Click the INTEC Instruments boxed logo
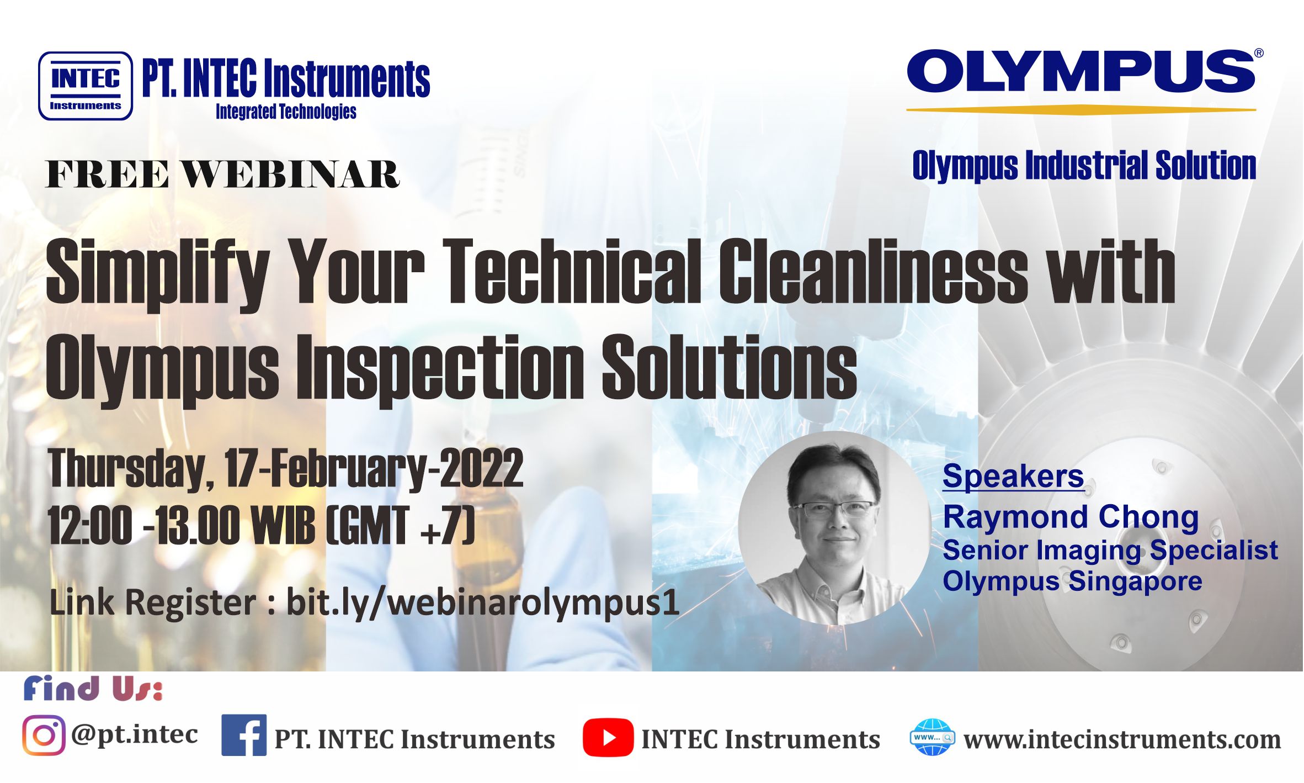click(86, 86)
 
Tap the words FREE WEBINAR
click(222, 174)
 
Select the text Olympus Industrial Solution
click(1084, 165)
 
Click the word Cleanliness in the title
click(873, 272)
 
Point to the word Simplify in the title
click(158, 274)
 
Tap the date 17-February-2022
click(374, 469)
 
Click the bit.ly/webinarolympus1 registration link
click(483, 602)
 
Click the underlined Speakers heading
click(1013, 476)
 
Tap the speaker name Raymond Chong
click(1071, 518)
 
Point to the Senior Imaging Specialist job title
click(1110, 550)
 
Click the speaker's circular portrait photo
click(835, 528)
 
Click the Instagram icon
click(44, 736)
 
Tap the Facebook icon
click(244, 735)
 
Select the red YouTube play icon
click(608, 738)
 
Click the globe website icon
click(932, 737)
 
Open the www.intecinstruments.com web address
click(1122, 739)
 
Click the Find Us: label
click(93, 688)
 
